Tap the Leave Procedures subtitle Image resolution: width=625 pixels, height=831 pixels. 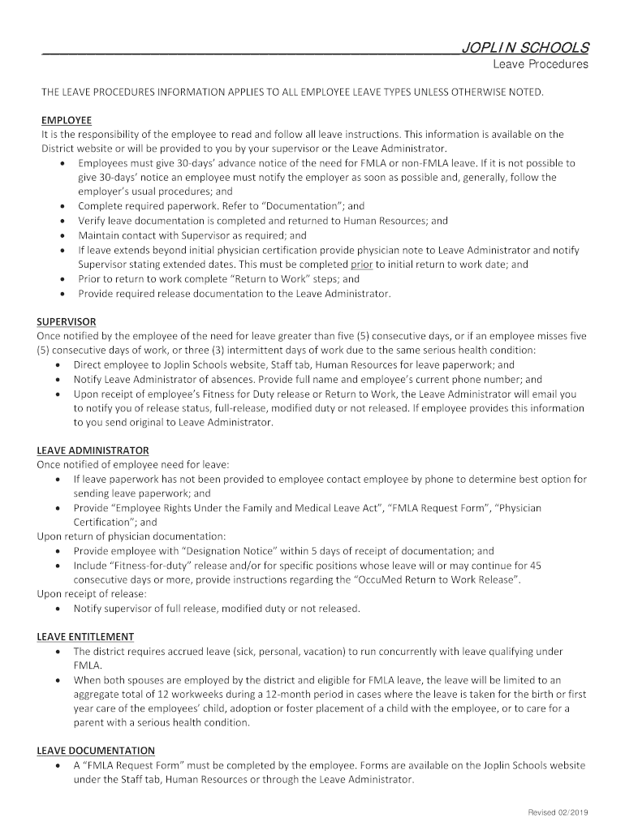(x=541, y=65)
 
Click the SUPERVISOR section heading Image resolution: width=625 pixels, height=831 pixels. (x=67, y=321)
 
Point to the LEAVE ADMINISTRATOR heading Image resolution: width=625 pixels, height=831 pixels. (x=93, y=450)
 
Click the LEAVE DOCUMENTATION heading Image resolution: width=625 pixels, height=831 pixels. (x=96, y=751)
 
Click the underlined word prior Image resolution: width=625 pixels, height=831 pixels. (x=361, y=264)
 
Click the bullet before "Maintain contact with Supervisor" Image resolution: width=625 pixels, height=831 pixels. (x=63, y=235)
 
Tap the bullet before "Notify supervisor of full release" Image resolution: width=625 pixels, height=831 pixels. (x=59, y=609)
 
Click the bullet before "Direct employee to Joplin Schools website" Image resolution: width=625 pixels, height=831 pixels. (x=59, y=365)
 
